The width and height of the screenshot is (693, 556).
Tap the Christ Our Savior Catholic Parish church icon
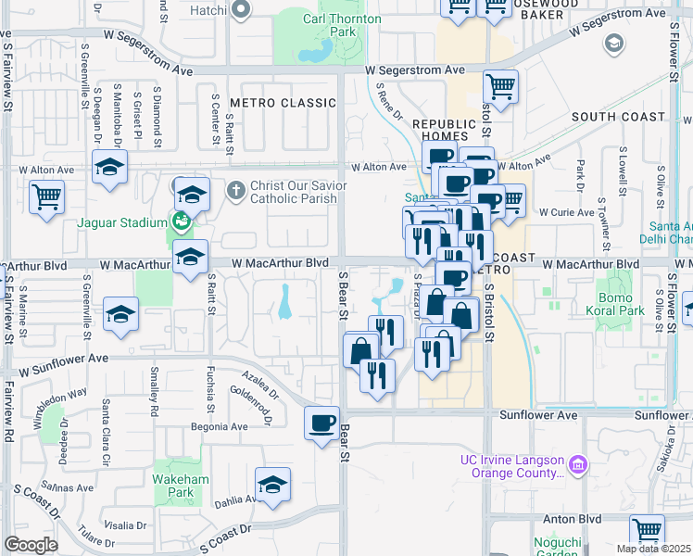point(236,190)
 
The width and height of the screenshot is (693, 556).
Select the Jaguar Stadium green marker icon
point(180,221)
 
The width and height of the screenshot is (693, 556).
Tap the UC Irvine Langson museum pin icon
point(578,462)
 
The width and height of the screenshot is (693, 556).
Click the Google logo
point(31,545)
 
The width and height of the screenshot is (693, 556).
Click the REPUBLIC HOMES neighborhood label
point(442,130)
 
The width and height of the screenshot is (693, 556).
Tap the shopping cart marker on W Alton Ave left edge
point(47,196)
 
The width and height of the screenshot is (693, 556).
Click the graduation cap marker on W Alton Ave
point(109,168)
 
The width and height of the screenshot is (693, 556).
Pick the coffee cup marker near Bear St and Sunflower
point(321,423)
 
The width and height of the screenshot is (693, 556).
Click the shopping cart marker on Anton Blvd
point(648,530)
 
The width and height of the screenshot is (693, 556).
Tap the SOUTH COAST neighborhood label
point(618,117)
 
